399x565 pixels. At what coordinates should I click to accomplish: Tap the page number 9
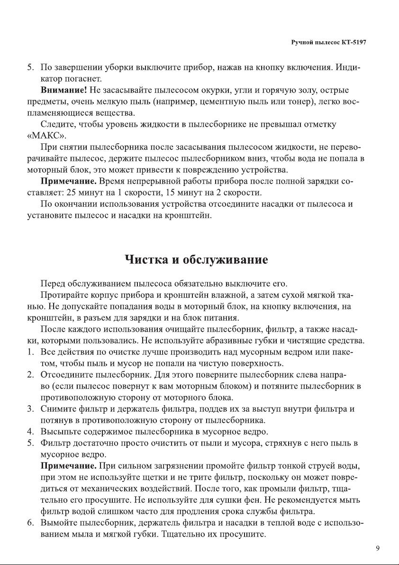[x=378, y=549]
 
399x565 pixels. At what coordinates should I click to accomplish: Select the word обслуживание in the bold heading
[x=226, y=260]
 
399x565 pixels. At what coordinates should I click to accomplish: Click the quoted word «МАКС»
[x=45, y=136]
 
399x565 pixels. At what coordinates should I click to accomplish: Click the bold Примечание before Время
[x=69, y=181]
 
